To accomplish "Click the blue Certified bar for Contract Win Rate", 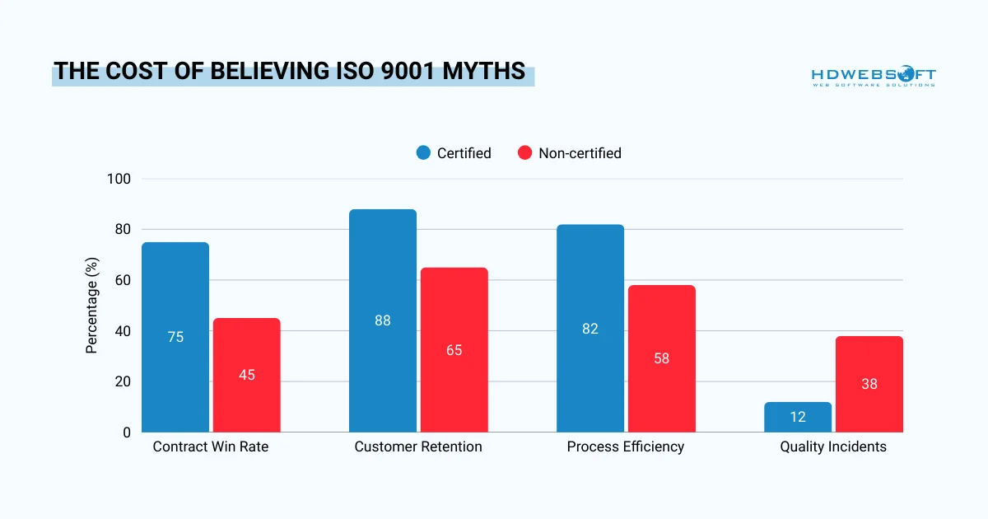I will pos(175,337).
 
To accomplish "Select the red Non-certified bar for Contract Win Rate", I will pos(246,375).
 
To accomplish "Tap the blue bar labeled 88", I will pos(383,320).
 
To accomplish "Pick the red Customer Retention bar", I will pos(454,349).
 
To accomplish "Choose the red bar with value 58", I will pos(661,358).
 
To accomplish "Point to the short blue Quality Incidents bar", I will pos(798,417).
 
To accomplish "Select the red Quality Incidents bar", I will pos(869,384).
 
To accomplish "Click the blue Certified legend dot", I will pos(423,153).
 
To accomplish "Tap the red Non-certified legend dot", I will pos(524,153).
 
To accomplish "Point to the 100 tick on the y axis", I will pos(120,179).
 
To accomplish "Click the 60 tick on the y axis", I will pos(123,280).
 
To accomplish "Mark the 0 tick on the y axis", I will pos(127,432).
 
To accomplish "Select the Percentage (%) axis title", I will pos(92,305).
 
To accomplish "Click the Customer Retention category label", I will pos(418,447).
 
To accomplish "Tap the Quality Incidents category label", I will pos(833,447).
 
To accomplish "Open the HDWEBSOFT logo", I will pos(874,76).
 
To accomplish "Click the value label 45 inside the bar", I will pos(246,375).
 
